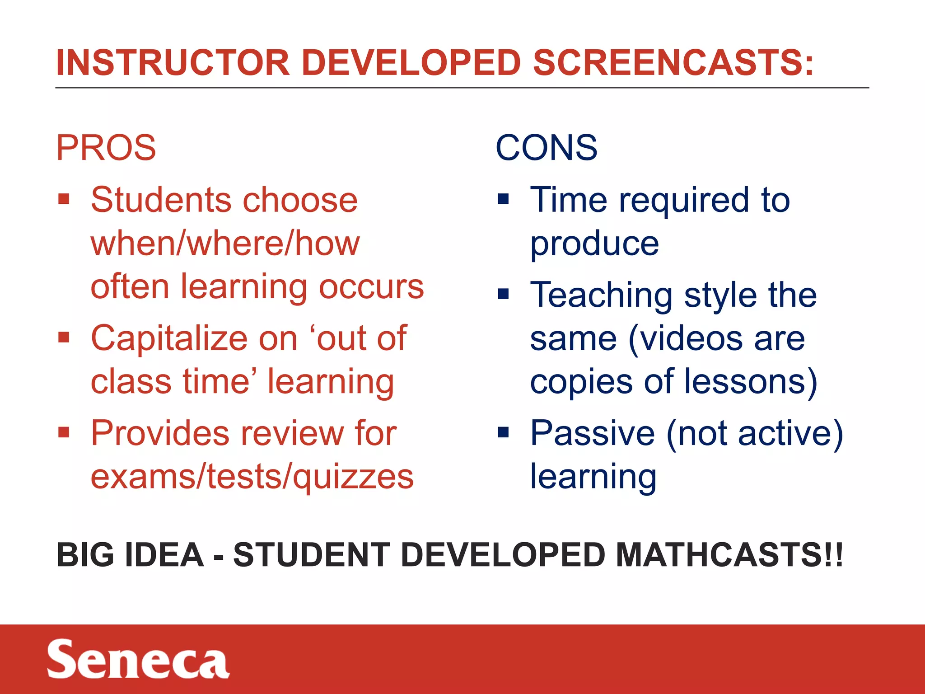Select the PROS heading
click(x=106, y=148)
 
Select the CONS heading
click(x=547, y=148)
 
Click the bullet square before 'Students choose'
click(x=64, y=199)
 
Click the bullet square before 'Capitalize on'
click(x=64, y=338)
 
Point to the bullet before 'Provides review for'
click(x=64, y=432)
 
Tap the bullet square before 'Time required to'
click(x=503, y=199)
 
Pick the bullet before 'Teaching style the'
click(x=503, y=295)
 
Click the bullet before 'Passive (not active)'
click(x=503, y=432)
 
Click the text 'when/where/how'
click(x=225, y=243)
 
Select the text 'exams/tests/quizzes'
click(x=252, y=477)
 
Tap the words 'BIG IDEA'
click(x=130, y=555)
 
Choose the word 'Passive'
click(x=592, y=433)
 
